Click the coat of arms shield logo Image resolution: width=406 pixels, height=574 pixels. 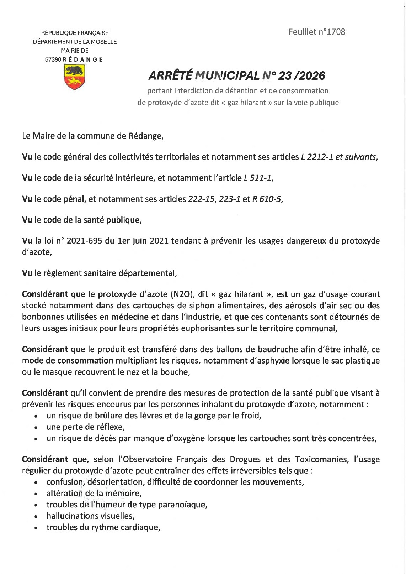point(74,77)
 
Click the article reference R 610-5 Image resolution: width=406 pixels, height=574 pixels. point(267,199)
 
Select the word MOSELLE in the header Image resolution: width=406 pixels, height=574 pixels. point(102,42)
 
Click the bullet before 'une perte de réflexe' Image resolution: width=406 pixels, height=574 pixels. point(37,427)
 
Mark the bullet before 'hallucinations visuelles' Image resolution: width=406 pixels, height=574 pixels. point(37,517)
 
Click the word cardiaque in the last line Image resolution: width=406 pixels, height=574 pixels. point(139,528)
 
